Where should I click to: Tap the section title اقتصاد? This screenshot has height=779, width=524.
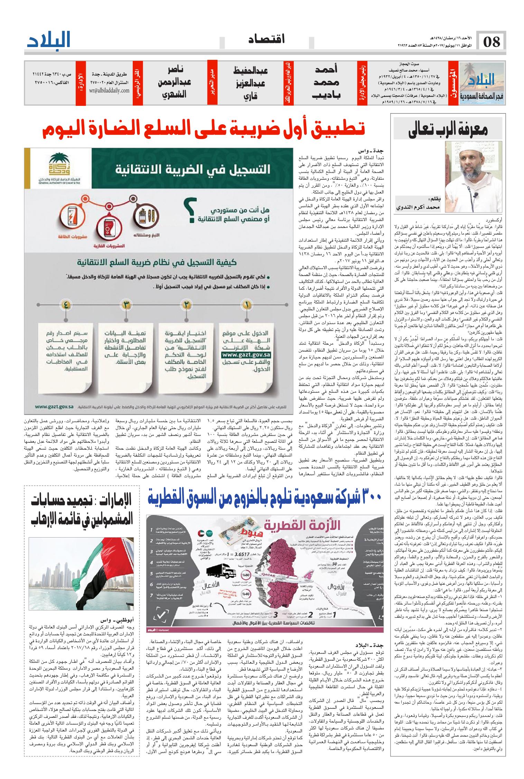click(267, 40)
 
